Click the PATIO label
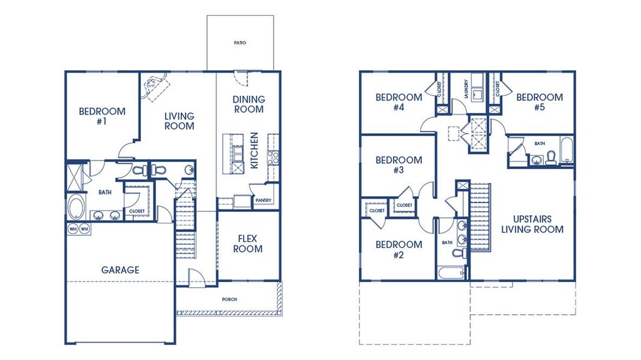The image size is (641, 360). (240, 43)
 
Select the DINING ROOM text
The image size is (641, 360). (248, 104)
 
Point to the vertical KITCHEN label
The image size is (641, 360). (254, 151)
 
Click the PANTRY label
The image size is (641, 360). (263, 200)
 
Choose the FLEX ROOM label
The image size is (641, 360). (248, 243)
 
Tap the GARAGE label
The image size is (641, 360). (120, 270)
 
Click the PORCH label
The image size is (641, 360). (229, 299)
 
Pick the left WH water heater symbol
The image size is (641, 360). (73, 229)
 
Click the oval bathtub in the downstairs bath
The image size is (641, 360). (76, 207)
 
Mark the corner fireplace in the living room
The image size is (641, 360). (155, 86)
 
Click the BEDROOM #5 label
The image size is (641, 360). (540, 103)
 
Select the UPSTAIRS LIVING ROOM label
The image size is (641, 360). (532, 224)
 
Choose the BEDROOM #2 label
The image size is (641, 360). (399, 250)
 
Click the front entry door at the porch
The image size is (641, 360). (197, 278)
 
